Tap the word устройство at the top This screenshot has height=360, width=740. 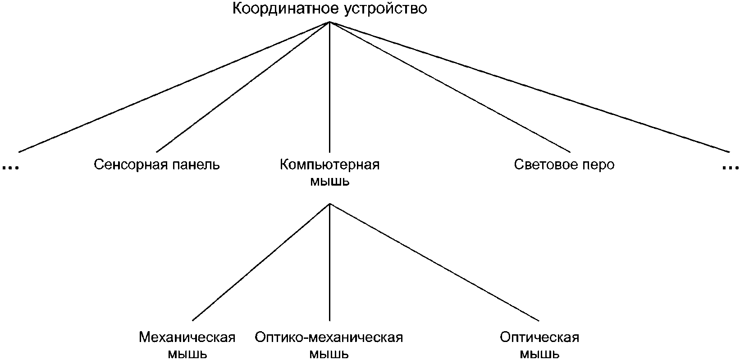click(x=385, y=9)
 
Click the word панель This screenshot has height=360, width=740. click(x=197, y=164)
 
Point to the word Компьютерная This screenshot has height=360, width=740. click(x=329, y=164)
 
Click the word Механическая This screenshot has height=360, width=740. click(x=187, y=337)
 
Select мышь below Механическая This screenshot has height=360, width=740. click(x=187, y=354)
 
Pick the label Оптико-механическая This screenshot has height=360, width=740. click(x=329, y=337)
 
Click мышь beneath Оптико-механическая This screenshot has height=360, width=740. click(x=329, y=354)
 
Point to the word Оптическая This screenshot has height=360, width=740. click(x=539, y=337)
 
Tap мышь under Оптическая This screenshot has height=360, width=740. click(x=539, y=354)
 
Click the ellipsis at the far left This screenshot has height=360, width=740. click(x=10, y=168)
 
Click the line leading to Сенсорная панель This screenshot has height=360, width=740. click(x=243, y=87)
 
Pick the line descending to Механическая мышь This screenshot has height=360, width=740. click(x=261, y=262)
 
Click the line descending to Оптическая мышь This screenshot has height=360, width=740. click(x=435, y=262)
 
